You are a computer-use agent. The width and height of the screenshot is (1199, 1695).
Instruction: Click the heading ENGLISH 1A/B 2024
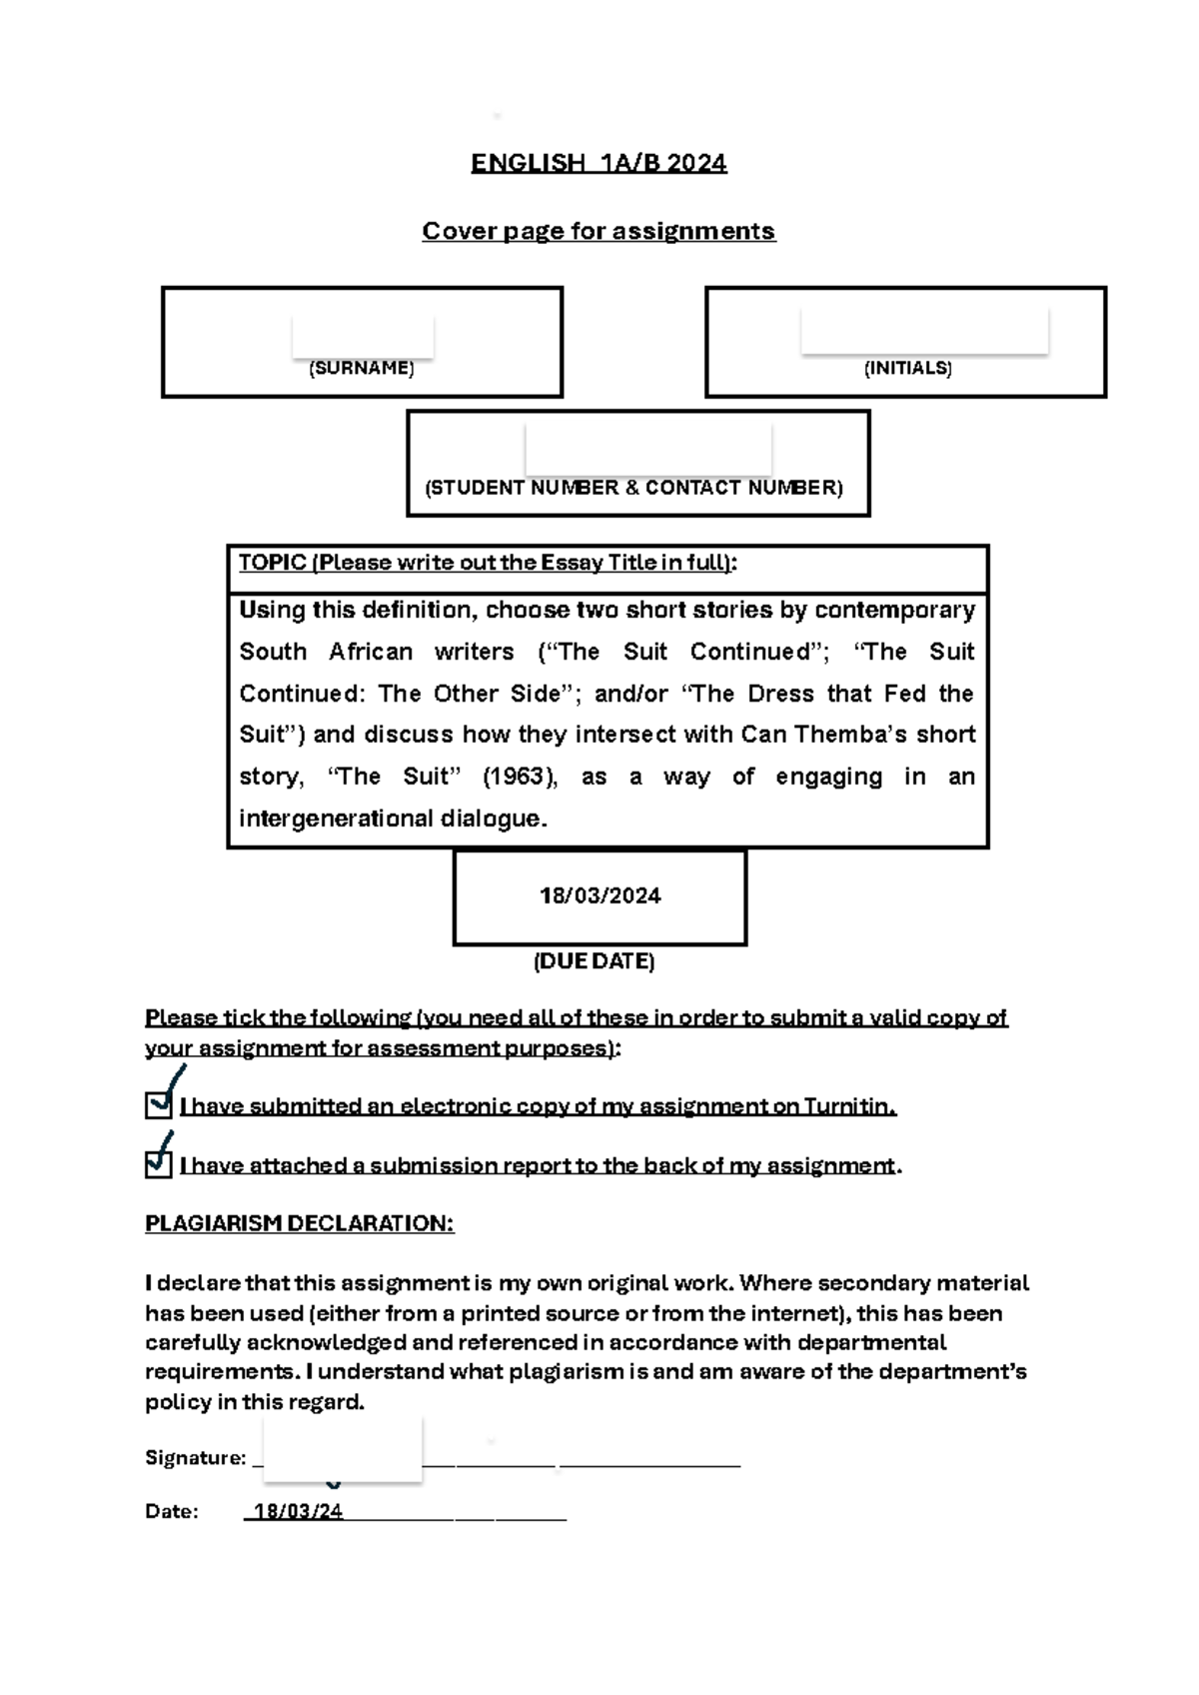pos(599,163)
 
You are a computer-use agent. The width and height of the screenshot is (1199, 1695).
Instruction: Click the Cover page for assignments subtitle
pos(599,231)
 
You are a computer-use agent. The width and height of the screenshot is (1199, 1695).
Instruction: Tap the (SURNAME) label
pos(361,368)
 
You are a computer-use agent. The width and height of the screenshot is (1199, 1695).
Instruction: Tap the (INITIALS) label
pos(907,368)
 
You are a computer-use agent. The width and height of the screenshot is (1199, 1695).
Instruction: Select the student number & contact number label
pos(634,488)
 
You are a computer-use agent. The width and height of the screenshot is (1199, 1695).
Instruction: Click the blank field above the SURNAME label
pos(362,335)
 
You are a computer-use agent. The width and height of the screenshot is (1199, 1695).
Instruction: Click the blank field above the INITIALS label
pos(924,330)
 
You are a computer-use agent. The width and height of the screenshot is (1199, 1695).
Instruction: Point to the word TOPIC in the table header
pos(272,563)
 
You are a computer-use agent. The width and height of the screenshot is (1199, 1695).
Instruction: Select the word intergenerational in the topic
pos(337,819)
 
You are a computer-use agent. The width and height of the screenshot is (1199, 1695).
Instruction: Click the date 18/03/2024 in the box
pos(599,895)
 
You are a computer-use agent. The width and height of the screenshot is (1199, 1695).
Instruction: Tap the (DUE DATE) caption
pos(594,961)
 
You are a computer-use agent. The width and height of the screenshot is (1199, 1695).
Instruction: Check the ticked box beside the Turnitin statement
pos(158,1105)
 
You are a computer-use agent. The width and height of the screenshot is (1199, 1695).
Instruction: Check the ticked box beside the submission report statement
pos(158,1164)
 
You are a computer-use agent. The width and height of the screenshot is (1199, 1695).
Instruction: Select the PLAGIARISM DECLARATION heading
pos(299,1224)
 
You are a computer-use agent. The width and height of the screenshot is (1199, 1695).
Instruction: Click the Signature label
pos(195,1458)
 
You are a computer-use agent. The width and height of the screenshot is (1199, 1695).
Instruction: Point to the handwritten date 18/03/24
pos(298,1511)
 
